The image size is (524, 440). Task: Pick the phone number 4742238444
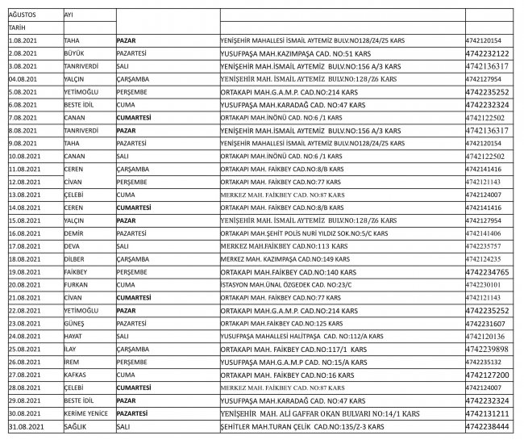click(x=487, y=425)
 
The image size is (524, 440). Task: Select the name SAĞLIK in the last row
click(x=75, y=425)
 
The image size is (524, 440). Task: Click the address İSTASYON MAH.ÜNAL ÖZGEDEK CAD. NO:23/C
click(x=275, y=284)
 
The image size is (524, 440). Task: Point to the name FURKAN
click(x=76, y=284)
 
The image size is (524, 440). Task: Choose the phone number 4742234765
click(x=487, y=271)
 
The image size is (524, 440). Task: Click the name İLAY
click(x=73, y=349)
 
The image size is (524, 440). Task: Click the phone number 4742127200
click(x=487, y=375)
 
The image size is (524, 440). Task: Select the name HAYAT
click(x=74, y=336)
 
